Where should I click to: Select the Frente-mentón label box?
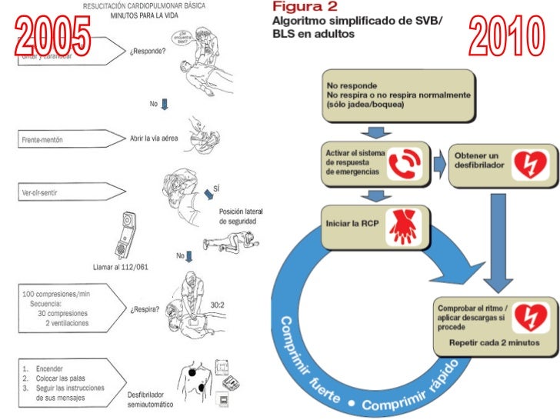click(69, 139)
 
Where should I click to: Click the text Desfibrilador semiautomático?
click(149, 400)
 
